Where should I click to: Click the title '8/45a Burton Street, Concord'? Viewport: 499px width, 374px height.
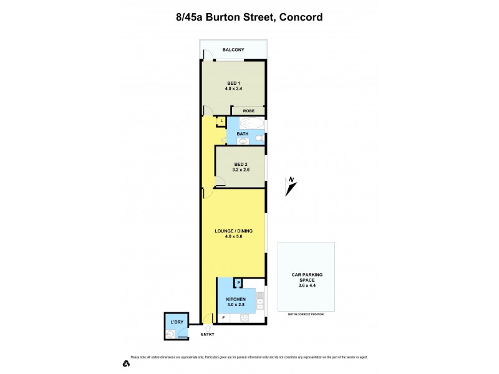pyautogui.click(x=249, y=17)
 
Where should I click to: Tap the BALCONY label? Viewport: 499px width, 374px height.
pyautogui.click(x=233, y=49)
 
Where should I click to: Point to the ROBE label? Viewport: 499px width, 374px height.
pyautogui.click(x=248, y=110)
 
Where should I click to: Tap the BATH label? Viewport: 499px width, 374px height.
pyautogui.click(x=243, y=133)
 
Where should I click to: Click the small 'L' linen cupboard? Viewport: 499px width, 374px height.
pyautogui.click(x=221, y=120)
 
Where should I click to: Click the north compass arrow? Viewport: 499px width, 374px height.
pyautogui.click(x=290, y=186)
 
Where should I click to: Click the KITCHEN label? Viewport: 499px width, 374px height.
pyautogui.click(x=236, y=299)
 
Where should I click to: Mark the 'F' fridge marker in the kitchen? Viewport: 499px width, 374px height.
pyautogui.click(x=223, y=318)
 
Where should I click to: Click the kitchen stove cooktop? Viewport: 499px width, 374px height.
pyautogui.click(x=245, y=318)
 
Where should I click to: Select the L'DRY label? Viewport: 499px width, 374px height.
pyautogui.click(x=177, y=322)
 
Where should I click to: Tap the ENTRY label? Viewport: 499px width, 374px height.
pyautogui.click(x=208, y=335)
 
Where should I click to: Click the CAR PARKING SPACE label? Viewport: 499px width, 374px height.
pyautogui.click(x=307, y=277)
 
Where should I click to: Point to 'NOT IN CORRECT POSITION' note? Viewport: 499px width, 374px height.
pyautogui.click(x=306, y=314)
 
